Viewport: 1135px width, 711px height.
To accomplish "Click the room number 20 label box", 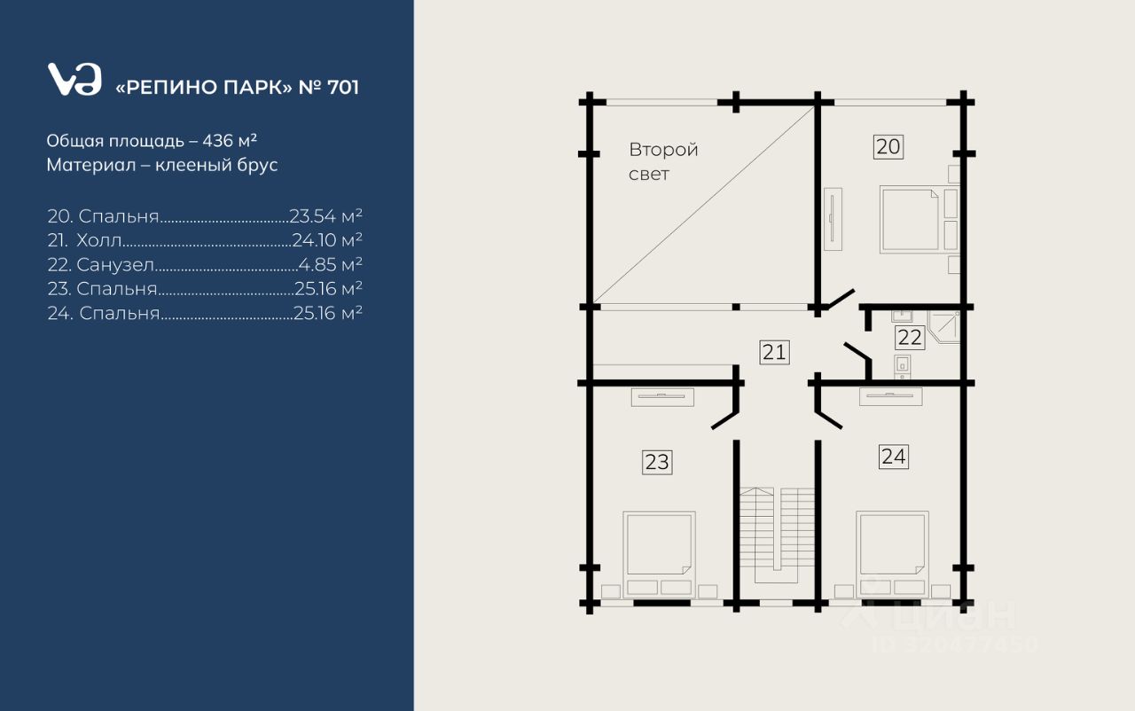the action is [x=888, y=147].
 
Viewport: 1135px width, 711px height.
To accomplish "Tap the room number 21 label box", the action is [x=775, y=353].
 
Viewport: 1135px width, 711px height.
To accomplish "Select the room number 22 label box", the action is [x=910, y=338].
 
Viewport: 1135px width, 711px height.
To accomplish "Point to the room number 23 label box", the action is [x=657, y=463].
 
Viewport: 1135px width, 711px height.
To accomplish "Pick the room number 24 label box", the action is [x=893, y=457].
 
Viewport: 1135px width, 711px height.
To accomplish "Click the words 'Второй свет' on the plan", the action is [x=663, y=161].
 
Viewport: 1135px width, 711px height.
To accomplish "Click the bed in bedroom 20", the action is [x=910, y=220].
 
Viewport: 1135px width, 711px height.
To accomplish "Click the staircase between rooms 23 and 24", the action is [x=777, y=535].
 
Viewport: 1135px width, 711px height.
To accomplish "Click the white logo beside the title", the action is [x=74, y=79].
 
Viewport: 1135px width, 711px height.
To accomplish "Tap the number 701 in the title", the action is [x=343, y=88].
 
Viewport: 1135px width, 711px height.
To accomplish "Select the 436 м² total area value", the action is [x=230, y=140].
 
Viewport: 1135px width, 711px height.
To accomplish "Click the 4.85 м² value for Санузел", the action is [x=331, y=264].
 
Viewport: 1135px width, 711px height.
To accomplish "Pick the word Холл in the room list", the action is [x=99, y=240].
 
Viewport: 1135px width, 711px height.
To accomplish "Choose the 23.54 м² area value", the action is [x=325, y=215].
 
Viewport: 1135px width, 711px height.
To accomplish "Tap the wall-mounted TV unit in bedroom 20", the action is [x=833, y=219].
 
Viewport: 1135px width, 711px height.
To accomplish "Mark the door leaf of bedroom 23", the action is [x=724, y=421].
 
